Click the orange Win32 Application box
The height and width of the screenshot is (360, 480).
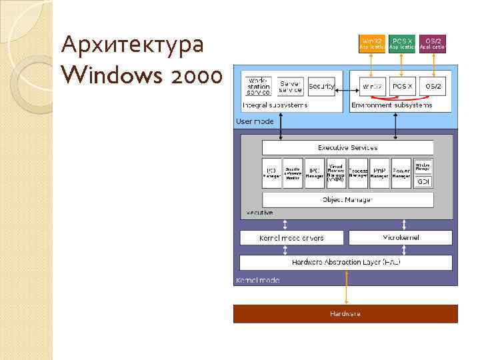pos(372,44)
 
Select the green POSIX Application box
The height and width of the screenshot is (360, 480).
pos(402,44)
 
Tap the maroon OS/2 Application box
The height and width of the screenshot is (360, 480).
pos(432,44)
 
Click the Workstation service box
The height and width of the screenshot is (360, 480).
pos(258,86)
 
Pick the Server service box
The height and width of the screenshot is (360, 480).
pos(290,86)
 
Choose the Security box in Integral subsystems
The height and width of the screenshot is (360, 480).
pos(321,86)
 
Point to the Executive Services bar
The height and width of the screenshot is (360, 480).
pos(347,147)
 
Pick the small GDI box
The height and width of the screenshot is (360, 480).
pos(423,181)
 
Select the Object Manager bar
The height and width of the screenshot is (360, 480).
pos(347,199)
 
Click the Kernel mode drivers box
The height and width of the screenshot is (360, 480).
pos(291,238)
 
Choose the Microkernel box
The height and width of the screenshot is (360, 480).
pos(401,237)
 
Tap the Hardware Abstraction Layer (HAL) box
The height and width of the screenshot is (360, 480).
pos(345,262)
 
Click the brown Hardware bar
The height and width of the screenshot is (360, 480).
pos(345,313)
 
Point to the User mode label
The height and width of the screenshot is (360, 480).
pos(254,121)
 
